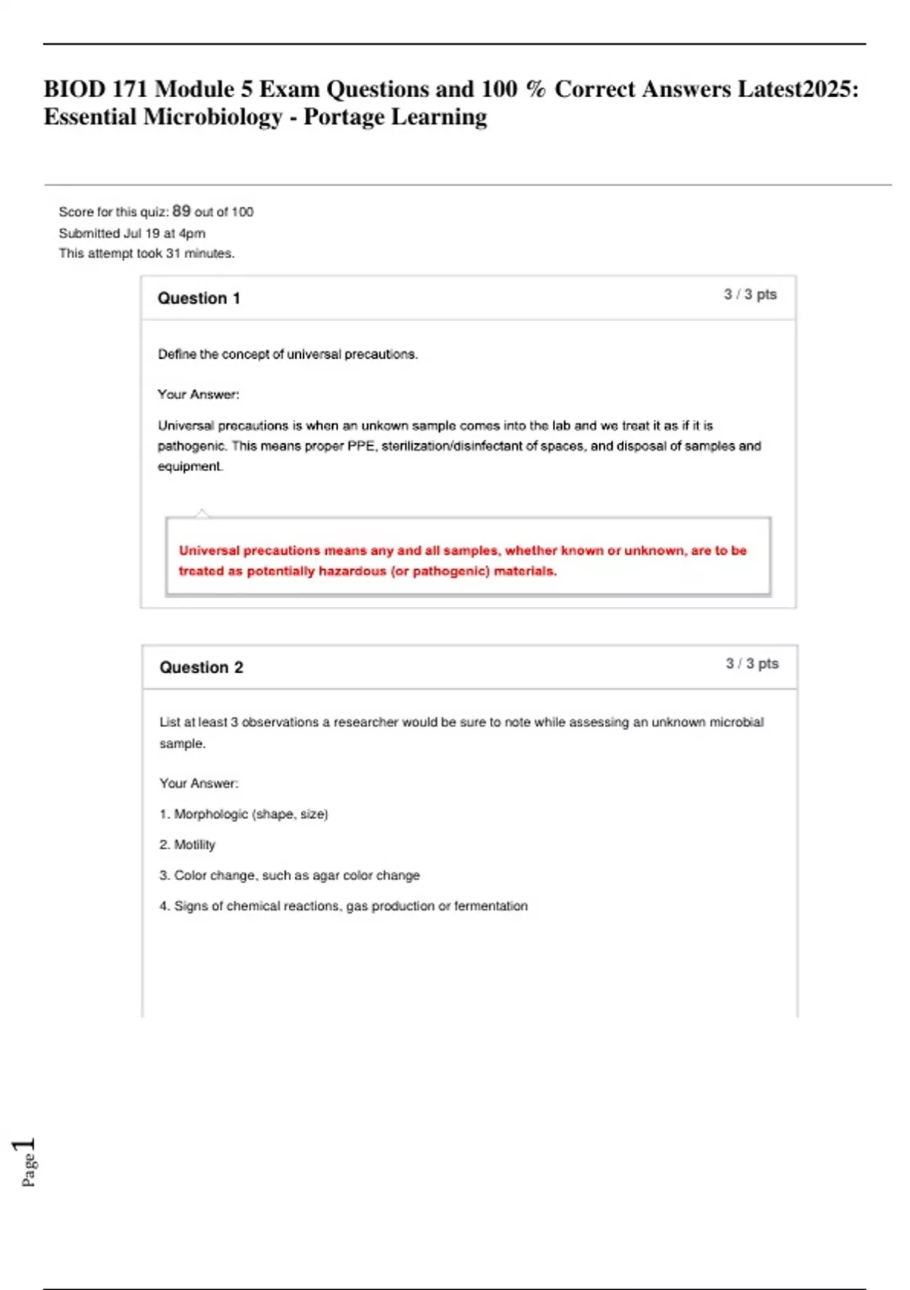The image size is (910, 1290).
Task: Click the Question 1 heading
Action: (199, 298)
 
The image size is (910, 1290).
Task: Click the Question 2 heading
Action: (201, 668)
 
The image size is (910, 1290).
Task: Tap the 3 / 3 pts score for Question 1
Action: (750, 294)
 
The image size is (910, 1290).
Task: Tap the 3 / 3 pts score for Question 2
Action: (752, 664)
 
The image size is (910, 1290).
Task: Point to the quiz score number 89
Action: (181, 211)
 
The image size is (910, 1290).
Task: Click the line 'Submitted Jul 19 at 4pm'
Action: (132, 233)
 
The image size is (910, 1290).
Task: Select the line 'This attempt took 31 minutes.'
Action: (146, 253)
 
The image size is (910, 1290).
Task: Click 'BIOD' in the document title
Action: (74, 90)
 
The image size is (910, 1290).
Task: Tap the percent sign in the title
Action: (535, 90)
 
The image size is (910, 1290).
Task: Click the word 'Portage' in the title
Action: (343, 117)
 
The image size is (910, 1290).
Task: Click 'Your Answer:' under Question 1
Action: (198, 395)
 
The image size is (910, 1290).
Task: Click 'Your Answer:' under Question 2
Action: (199, 783)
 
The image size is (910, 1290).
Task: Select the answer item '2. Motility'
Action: (187, 845)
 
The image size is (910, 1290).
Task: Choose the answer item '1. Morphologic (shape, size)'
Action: (243, 814)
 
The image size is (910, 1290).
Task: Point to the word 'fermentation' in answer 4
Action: (491, 906)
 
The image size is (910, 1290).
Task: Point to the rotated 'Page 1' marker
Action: (26, 1161)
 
